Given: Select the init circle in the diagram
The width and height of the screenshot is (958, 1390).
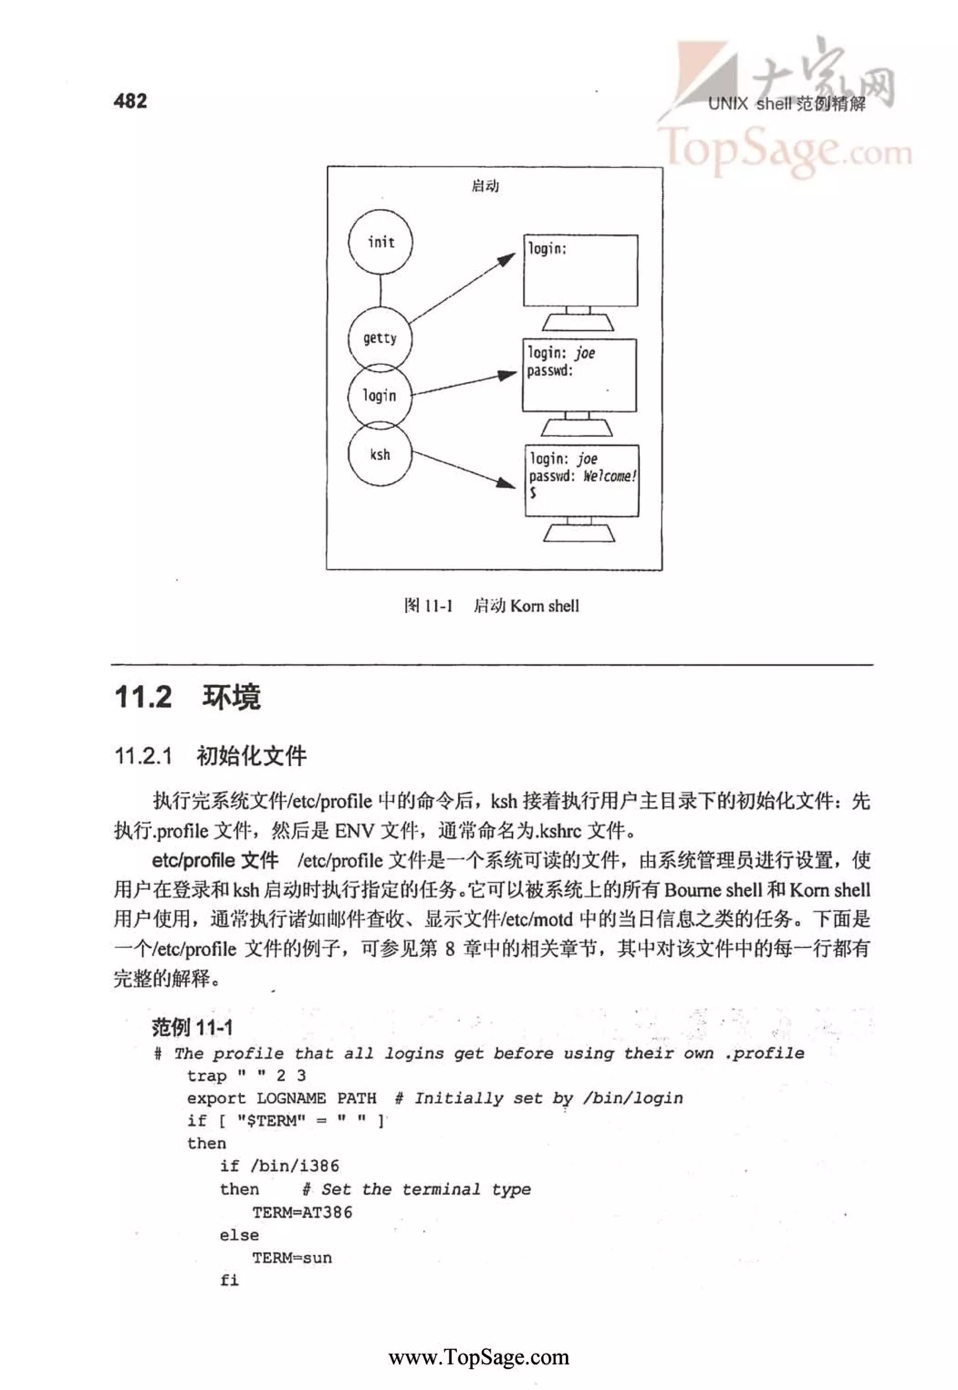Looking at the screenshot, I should tap(381, 242).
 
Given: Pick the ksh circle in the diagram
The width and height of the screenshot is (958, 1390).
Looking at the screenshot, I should tap(380, 454).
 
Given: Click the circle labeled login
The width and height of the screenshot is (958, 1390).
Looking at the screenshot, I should tap(380, 396).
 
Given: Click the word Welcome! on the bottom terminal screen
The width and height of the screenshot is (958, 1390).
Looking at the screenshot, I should tap(609, 476).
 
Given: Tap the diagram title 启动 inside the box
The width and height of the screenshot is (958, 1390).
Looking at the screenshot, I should tap(485, 186).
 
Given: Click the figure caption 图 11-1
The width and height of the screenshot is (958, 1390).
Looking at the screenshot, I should tap(428, 606).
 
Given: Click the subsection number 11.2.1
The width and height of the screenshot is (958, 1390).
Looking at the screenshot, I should tap(144, 756).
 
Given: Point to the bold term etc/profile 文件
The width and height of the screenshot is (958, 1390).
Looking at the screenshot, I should tap(215, 861).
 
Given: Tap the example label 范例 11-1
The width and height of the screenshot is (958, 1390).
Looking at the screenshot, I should tap(192, 1028).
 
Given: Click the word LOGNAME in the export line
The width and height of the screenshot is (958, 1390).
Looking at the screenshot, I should tap(291, 1098).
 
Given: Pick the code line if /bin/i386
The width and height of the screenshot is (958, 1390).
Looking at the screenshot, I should tap(279, 1166).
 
